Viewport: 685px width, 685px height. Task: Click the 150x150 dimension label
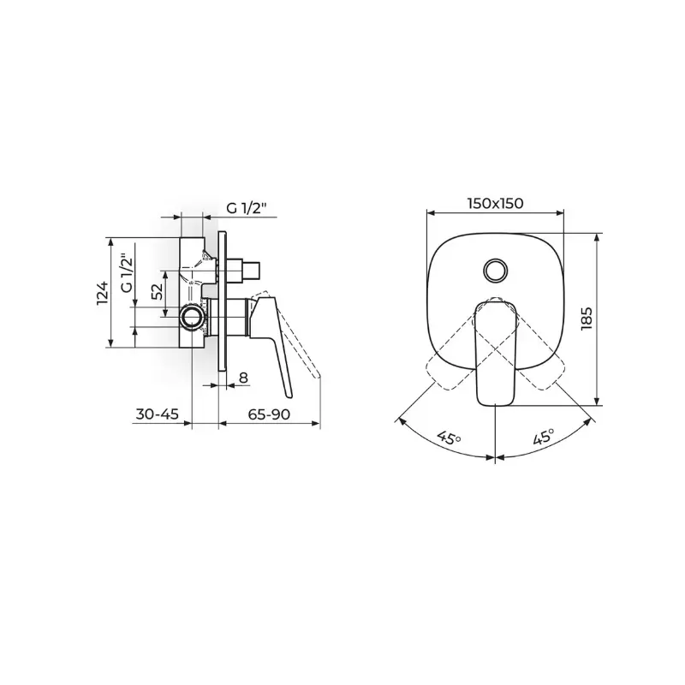pos(495,203)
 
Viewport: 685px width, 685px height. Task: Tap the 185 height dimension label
pos(587,319)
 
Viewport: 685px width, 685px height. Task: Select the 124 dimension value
pos(102,293)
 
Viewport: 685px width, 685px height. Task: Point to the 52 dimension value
pos(158,291)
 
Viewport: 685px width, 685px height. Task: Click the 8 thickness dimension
pos(243,377)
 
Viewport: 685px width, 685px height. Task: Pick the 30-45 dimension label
pos(158,414)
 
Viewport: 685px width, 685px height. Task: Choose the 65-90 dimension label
pos(269,414)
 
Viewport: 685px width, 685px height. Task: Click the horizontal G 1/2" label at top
pos(247,208)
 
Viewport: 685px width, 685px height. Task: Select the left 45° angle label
pos(449,438)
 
